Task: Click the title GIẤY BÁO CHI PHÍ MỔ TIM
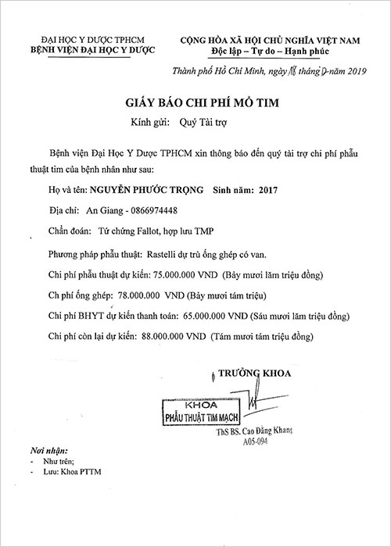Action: [x=196, y=103]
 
